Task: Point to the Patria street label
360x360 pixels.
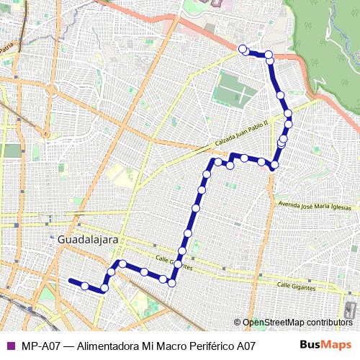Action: (x=6, y=48)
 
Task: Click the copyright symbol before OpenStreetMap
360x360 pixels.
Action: (x=238, y=323)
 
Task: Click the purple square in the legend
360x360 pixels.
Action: (x=10, y=345)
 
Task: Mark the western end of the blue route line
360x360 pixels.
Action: (x=70, y=280)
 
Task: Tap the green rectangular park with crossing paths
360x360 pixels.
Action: (x=234, y=91)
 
